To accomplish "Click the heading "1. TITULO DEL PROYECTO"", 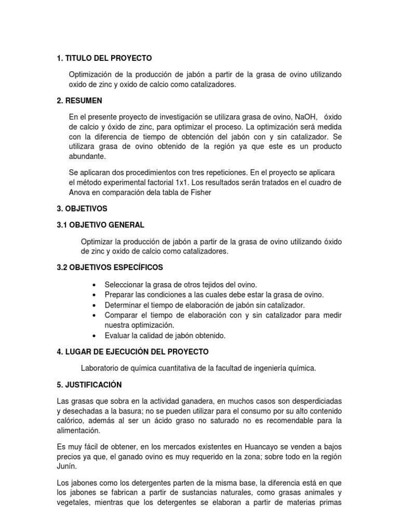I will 104,58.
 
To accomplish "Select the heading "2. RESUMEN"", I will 79,100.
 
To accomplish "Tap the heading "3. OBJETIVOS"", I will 82,208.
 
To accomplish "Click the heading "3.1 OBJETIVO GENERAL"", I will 101,225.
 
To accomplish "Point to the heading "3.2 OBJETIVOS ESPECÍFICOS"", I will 110,268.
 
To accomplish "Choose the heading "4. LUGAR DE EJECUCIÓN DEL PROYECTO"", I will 132,352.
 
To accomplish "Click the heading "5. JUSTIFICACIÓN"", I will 89,385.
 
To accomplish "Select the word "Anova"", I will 79,192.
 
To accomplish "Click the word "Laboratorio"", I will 100,368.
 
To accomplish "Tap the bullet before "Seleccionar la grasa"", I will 94,285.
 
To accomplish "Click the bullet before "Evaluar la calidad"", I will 94,336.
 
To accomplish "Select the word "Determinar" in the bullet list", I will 123,305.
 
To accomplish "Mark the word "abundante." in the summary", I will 87,156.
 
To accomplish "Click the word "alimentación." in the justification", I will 78,431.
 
